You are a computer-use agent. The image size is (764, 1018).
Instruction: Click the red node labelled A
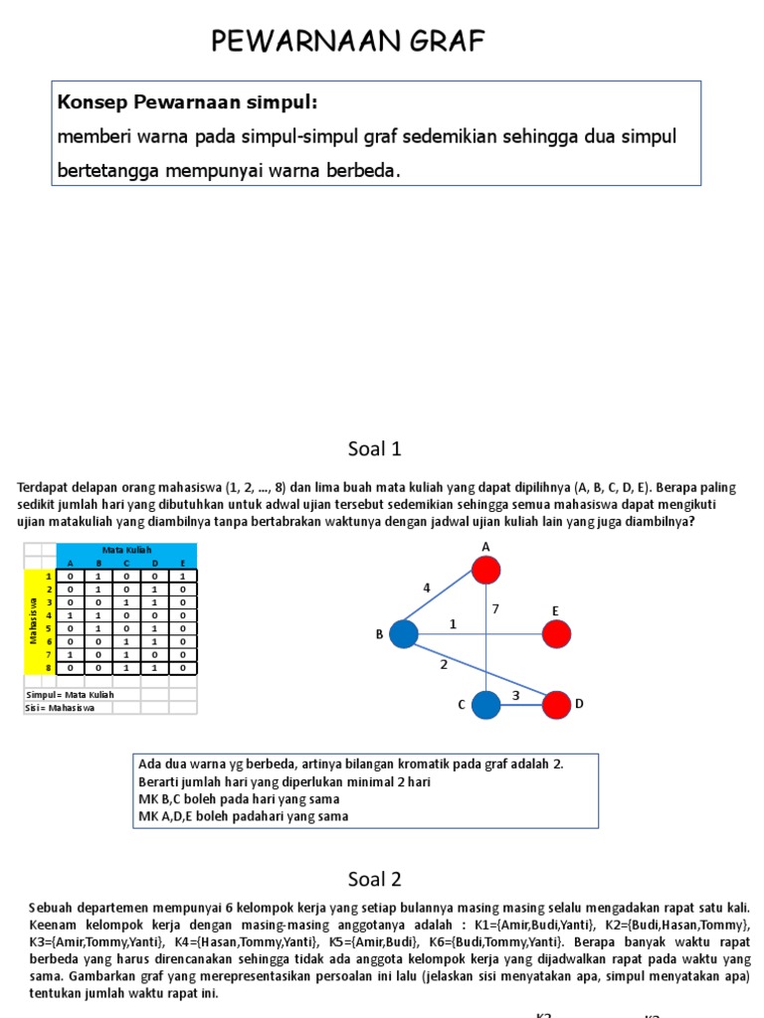pos(485,570)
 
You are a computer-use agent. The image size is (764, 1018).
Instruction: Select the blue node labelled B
pos(403,633)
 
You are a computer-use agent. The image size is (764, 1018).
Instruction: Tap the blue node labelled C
pos(485,705)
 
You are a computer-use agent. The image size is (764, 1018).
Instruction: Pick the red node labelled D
pos(557,705)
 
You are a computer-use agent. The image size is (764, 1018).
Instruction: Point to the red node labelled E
pos(557,633)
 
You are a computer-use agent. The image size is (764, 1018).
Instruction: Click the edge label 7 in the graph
pos(494,608)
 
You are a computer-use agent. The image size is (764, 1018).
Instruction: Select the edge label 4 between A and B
pos(427,589)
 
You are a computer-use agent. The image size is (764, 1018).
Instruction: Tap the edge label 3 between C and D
pos(516,696)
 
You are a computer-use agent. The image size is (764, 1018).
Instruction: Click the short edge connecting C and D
pos(521,706)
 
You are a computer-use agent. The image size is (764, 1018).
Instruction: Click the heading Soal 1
pos(375,449)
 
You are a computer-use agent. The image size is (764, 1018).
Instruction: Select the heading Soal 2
pos(375,879)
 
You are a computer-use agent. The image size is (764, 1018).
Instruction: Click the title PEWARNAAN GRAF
pos(348,42)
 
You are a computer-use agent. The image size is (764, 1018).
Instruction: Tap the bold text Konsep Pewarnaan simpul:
pos(188,102)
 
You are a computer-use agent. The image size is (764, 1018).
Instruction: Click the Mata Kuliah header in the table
pos(126,550)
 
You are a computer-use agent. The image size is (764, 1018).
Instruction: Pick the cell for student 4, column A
pos(70,615)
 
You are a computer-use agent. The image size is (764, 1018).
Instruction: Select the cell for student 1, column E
pos(182,576)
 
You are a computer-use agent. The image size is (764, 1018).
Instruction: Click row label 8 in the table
pos(47,669)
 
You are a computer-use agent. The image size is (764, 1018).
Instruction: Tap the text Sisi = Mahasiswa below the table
pos(60,708)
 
